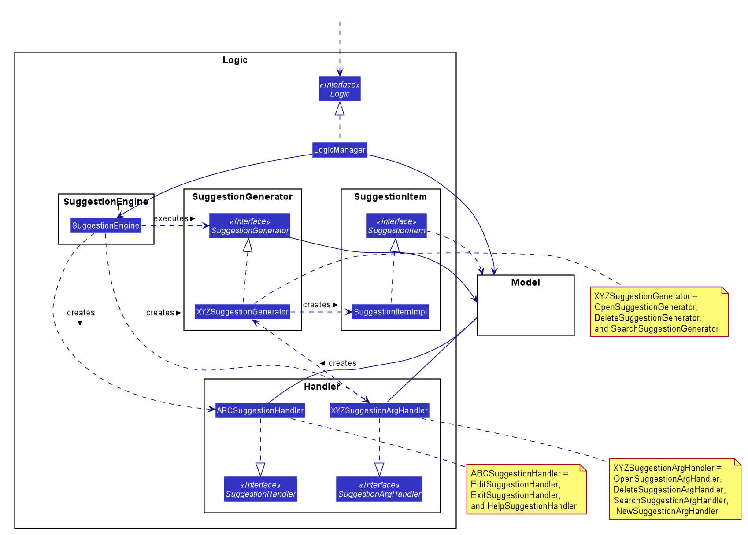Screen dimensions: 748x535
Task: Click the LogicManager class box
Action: click(x=340, y=150)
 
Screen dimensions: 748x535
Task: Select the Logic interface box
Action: click(x=340, y=89)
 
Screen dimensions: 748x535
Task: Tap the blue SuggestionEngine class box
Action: click(x=106, y=225)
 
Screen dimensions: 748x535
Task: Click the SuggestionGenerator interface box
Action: click(x=250, y=225)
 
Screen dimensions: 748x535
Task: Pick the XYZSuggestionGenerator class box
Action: click(x=242, y=312)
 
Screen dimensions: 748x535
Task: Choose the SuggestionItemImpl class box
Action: click(x=390, y=312)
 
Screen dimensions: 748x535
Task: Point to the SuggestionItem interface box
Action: click(x=396, y=225)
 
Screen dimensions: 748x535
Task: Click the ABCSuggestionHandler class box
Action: click(x=260, y=410)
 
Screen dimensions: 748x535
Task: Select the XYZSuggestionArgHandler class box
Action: click(x=379, y=410)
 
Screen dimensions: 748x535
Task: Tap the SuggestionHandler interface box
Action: click(x=260, y=489)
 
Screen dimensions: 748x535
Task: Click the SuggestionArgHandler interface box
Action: click(x=379, y=489)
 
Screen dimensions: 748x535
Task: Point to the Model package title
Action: click(x=526, y=283)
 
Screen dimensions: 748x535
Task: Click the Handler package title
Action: click(x=322, y=387)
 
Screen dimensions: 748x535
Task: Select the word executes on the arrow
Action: click(x=171, y=218)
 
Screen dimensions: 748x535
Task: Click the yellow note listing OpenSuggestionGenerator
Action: click(x=659, y=312)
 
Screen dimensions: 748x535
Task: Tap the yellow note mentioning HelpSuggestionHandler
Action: click(x=526, y=489)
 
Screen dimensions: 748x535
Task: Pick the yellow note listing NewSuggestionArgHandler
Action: click(x=675, y=489)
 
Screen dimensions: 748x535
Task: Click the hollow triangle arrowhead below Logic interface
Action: click(x=340, y=108)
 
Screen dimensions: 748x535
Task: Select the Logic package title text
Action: click(x=235, y=60)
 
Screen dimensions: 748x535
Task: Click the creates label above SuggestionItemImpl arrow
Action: click(x=317, y=305)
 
